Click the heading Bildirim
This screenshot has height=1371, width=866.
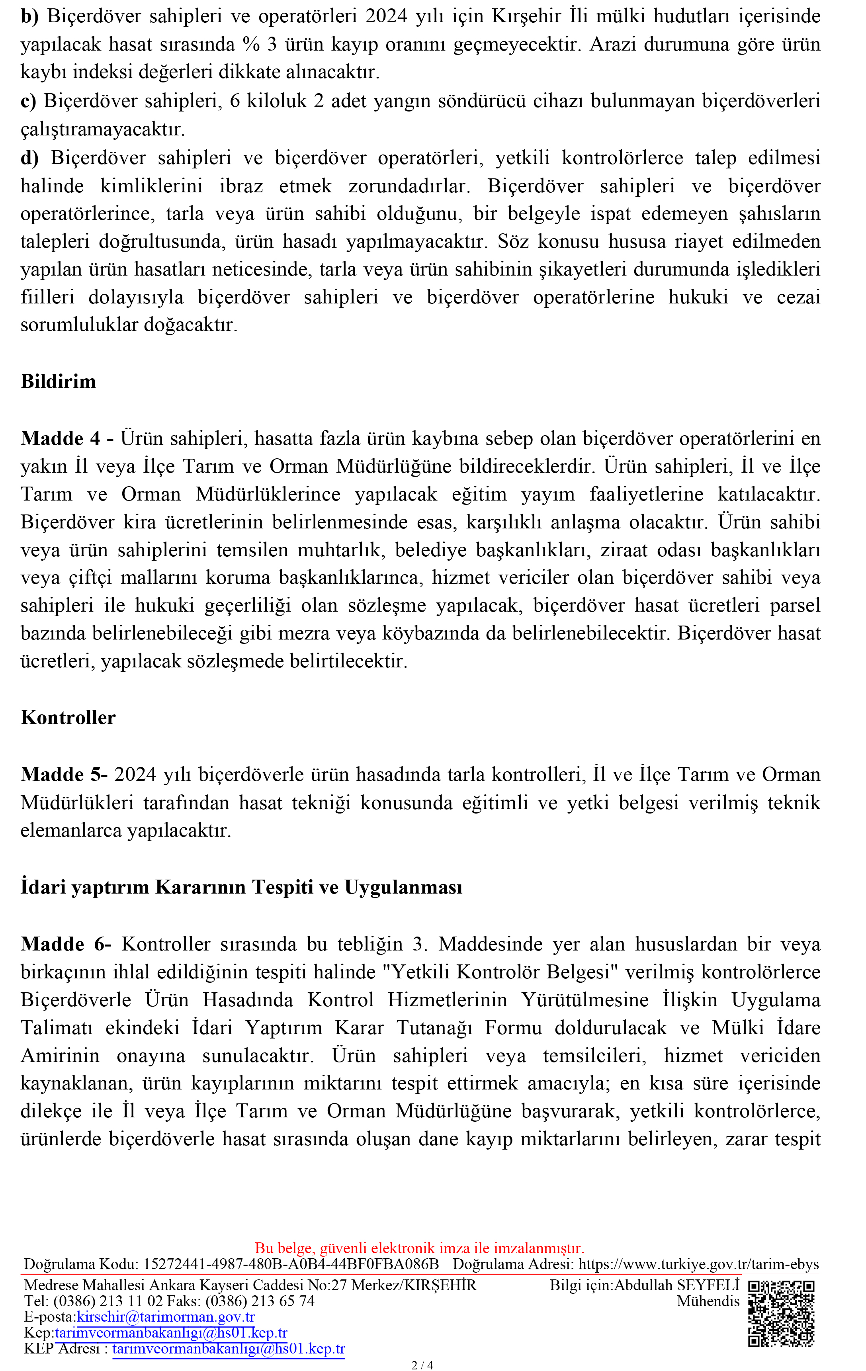58,381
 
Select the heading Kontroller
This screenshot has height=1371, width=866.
68,718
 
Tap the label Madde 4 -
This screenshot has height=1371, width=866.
67,438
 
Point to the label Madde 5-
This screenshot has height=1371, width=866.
64,774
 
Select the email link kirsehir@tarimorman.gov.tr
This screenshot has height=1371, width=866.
166,1317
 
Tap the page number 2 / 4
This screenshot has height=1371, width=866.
422,1365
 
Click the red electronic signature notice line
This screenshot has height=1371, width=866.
419,1248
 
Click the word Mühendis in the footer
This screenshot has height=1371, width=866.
708,1301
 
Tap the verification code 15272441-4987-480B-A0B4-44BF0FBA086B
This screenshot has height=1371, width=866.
291,1265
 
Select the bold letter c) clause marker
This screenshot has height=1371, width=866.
28,101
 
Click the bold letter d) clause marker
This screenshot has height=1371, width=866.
29,158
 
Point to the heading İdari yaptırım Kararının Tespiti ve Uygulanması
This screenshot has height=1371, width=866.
241,887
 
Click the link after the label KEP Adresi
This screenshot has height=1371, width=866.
228,1349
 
